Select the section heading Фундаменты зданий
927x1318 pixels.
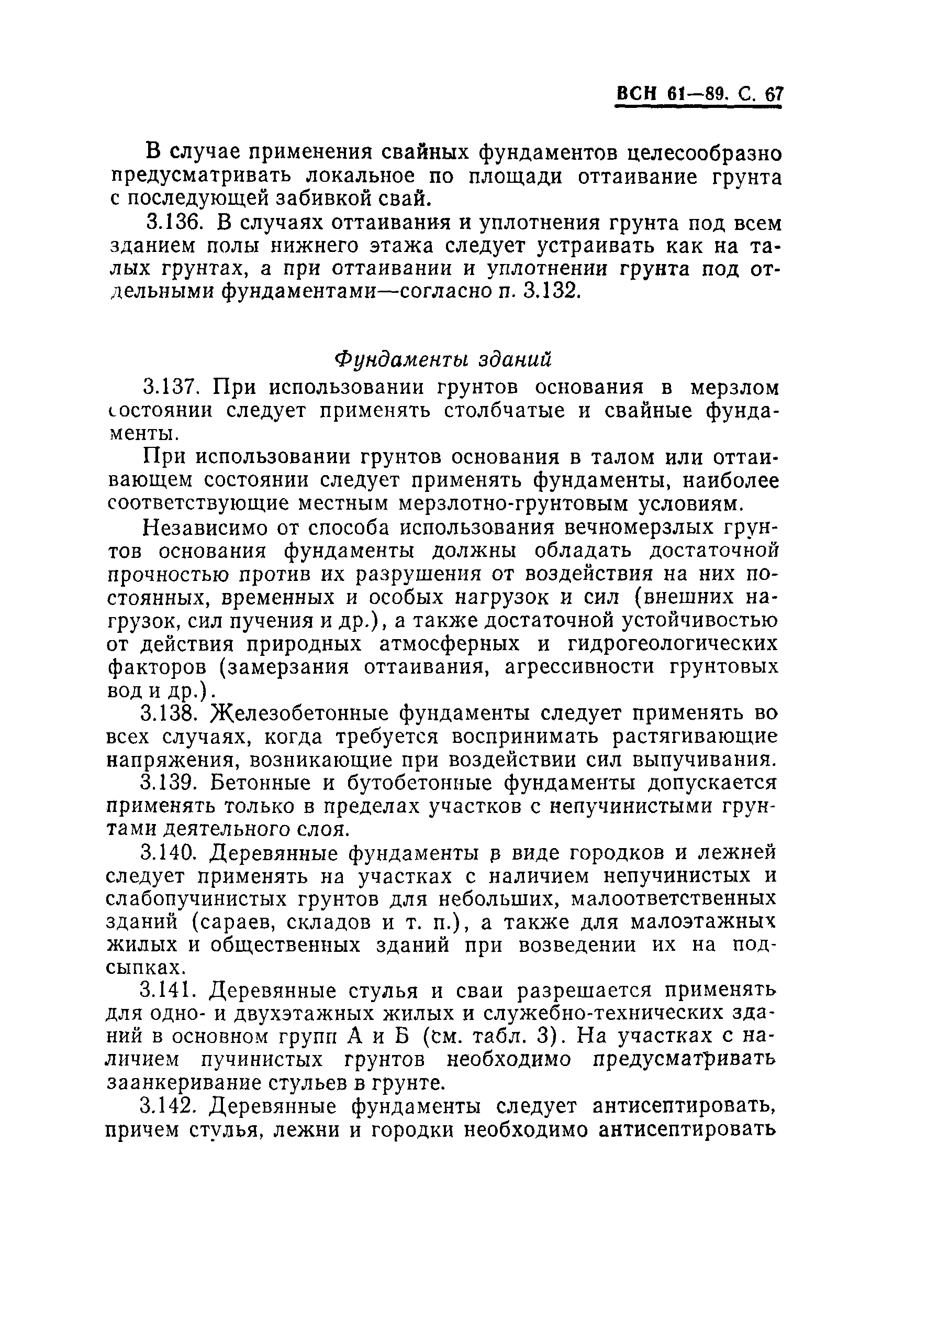click(x=443, y=359)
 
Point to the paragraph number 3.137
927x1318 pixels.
click(x=172, y=388)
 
